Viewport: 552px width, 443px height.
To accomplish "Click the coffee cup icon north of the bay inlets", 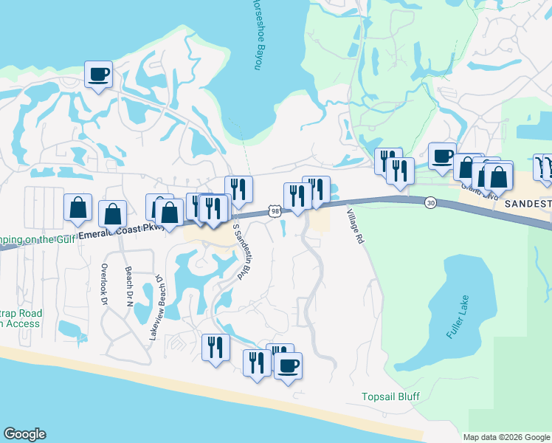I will click(98, 74).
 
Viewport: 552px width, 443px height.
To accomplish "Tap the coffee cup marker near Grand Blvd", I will click(442, 156).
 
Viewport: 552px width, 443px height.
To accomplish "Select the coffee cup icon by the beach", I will click(288, 365).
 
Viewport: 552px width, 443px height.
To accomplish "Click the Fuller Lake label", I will click(458, 317).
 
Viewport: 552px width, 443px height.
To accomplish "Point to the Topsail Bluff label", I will click(390, 396).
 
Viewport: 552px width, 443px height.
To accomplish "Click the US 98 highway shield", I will click(275, 212).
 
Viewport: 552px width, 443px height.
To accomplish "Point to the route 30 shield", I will click(429, 202).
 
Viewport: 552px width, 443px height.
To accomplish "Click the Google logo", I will click(24, 434).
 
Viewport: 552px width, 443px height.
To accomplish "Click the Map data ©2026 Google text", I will click(506, 437).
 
